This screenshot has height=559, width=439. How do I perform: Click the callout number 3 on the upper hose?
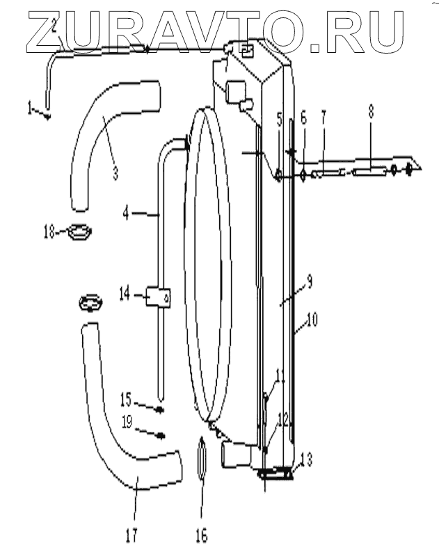(x=115, y=171)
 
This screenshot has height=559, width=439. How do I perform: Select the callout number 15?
(x=126, y=401)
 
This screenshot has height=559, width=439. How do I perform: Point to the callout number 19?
(x=126, y=421)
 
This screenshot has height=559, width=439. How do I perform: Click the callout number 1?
(x=30, y=108)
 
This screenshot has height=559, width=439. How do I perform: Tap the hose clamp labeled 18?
(x=80, y=230)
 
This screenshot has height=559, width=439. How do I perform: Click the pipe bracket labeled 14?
(x=159, y=299)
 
